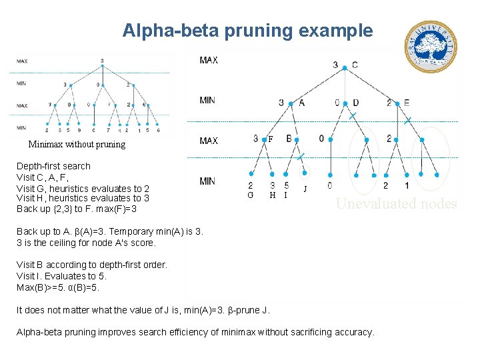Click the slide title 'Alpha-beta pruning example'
click(247, 31)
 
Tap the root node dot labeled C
click(345, 65)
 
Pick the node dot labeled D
click(345, 103)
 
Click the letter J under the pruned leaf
click(305, 189)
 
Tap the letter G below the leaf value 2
click(250, 195)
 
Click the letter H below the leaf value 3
click(272, 195)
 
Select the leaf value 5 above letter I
click(286, 185)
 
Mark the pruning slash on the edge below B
click(301, 156)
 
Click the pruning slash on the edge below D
click(353, 116)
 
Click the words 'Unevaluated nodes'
click(396, 204)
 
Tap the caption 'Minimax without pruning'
click(77, 144)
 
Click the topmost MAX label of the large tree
click(209, 61)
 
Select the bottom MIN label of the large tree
click(208, 181)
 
